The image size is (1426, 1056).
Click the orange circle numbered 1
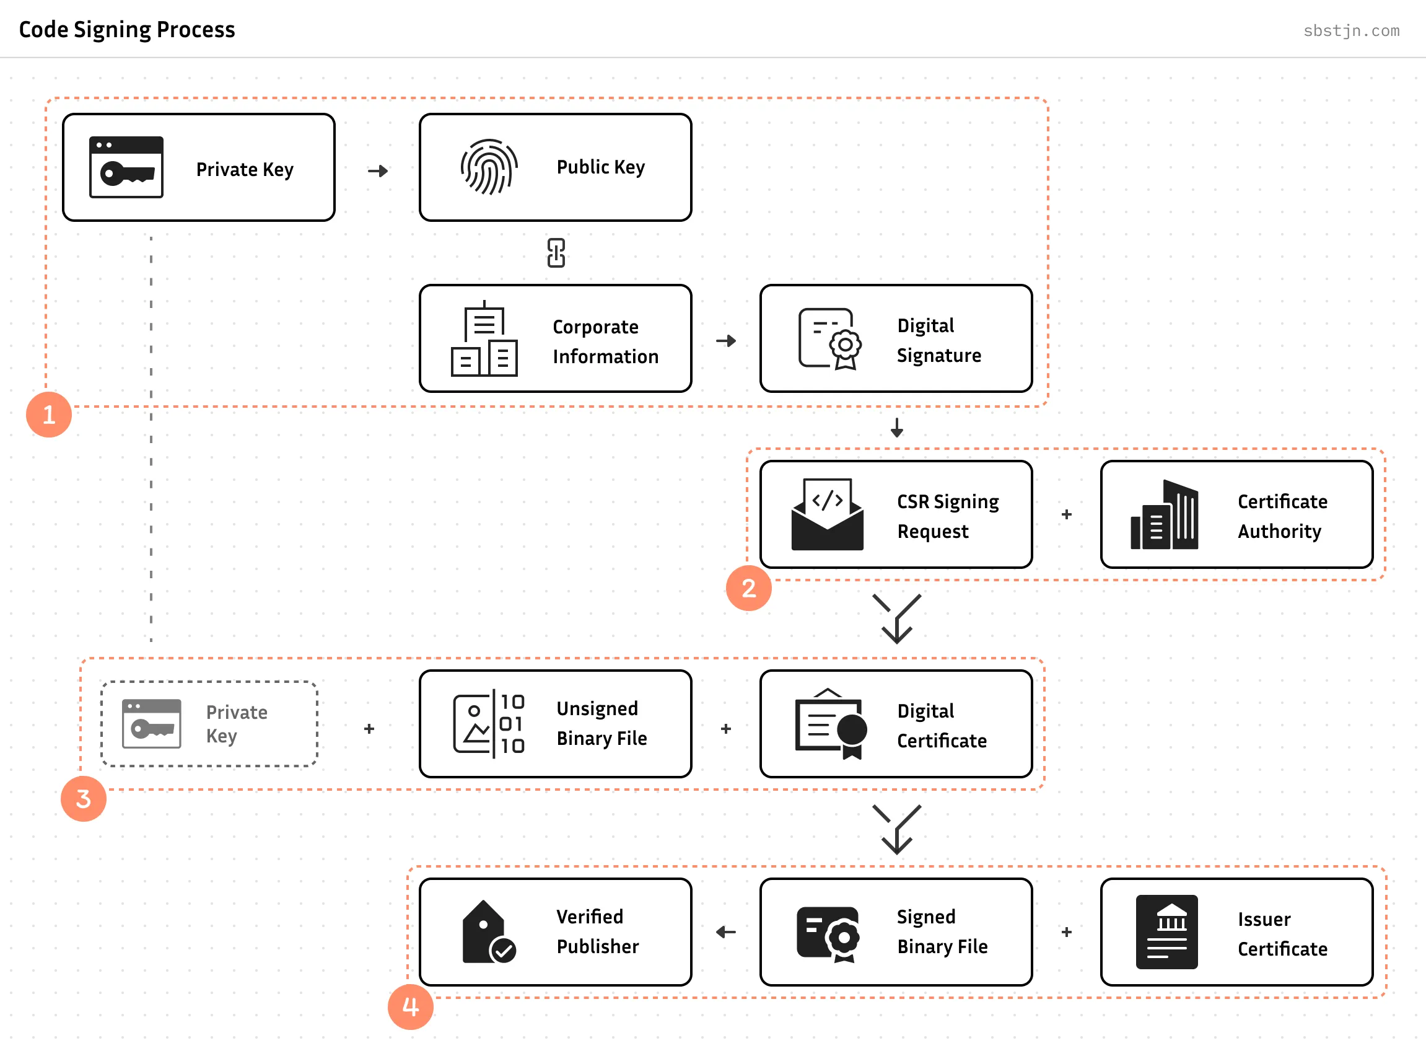[x=48, y=415]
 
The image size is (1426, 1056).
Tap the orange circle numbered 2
[x=748, y=588]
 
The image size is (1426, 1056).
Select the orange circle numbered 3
[x=83, y=798]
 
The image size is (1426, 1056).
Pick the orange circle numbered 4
[x=410, y=1007]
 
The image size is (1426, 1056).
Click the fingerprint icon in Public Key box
[x=489, y=167]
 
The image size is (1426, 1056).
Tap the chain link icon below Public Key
[x=556, y=253]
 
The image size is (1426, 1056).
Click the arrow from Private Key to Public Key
[x=378, y=170]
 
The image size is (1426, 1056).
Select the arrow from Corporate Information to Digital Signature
[x=726, y=341]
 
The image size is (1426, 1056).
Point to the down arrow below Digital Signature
[x=896, y=427]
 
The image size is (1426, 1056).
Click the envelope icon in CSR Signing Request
[x=827, y=514]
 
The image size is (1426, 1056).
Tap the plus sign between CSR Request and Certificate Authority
[x=1066, y=514]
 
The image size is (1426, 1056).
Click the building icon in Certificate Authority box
[x=1164, y=515]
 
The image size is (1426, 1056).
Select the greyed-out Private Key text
[x=237, y=724]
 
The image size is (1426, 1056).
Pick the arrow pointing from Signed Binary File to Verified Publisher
[x=726, y=932]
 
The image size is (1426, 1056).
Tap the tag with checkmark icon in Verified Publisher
[x=488, y=933]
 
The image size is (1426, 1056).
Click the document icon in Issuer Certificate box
[x=1166, y=932]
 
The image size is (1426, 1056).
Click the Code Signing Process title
[x=126, y=29]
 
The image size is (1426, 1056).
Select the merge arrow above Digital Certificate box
[x=896, y=618]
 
